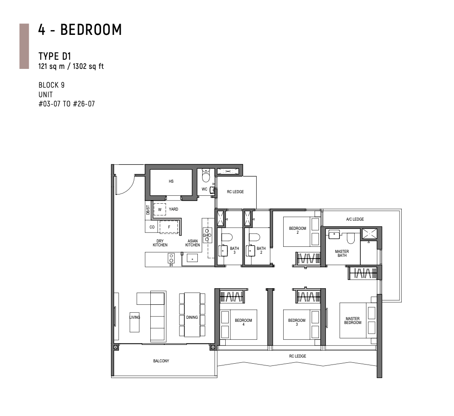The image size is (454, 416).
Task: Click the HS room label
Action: (x=171, y=181)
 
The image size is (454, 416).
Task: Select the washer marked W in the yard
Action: (x=159, y=209)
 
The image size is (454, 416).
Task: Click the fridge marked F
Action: (x=169, y=227)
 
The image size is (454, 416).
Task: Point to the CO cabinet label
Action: (x=152, y=227)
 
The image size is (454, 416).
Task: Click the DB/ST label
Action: (x=148, y=210)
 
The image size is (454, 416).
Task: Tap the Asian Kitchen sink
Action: (x=192, y=258)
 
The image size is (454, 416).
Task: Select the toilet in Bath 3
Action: (x=227, y=238)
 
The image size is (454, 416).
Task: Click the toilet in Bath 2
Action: (x=254, y=238)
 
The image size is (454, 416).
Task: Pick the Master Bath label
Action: (x=342, y=253)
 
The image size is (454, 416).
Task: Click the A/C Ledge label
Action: (x=355, y=219)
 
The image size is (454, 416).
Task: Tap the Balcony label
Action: (x=161, y=361)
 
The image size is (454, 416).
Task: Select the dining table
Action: (x=192, y=314)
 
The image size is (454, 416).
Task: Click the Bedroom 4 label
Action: (x=244, y=322)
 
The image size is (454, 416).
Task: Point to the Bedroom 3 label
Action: (x=297, y=322)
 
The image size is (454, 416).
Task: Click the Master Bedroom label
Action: (x=352, y=321)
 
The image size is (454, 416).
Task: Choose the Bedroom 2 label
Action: (x=298, y=230)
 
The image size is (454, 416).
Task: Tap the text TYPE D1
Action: (x=55, y=56)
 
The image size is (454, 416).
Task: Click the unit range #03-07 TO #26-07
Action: (x=67, y=104)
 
